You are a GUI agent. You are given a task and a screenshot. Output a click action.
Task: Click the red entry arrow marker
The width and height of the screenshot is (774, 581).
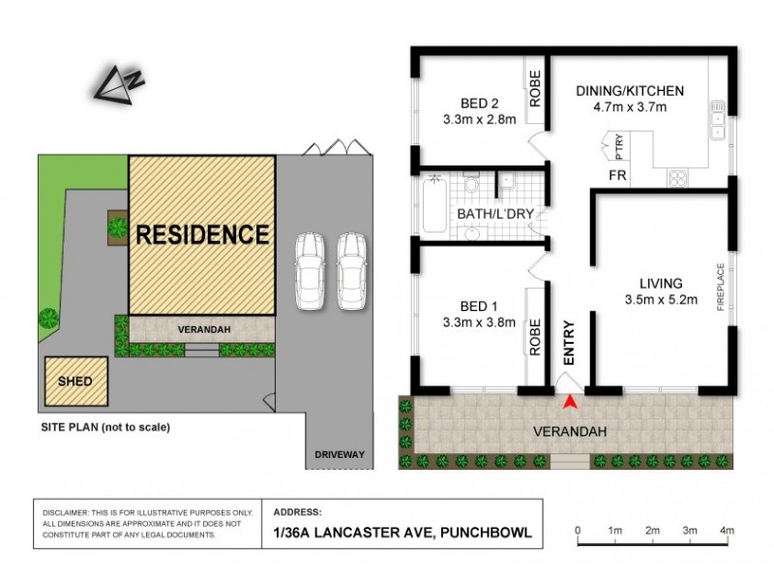[x=571, y=401]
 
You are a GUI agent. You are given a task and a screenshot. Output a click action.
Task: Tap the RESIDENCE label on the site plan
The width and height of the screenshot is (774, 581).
[x=202, y=234]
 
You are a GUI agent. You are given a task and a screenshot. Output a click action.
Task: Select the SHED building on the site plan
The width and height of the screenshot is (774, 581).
[x=75, y=382]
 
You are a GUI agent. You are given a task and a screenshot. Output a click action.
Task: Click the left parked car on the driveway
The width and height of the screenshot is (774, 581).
[x=311, y=270]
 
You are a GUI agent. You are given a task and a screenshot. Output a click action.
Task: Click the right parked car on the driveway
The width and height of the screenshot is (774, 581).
[x=349, y=270]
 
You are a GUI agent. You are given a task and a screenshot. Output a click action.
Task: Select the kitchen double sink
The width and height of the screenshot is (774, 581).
[x=718, y=119]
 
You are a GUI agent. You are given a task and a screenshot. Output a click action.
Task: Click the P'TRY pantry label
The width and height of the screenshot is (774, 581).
[x=619, y=147]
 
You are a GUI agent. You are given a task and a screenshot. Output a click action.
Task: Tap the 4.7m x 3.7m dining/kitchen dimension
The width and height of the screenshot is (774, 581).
[x=630, y=107]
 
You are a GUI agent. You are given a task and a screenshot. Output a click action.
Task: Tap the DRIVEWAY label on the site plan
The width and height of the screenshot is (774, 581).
[x=339, y=454]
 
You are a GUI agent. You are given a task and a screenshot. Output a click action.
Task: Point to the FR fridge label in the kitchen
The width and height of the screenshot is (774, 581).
[x=615, y=175]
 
